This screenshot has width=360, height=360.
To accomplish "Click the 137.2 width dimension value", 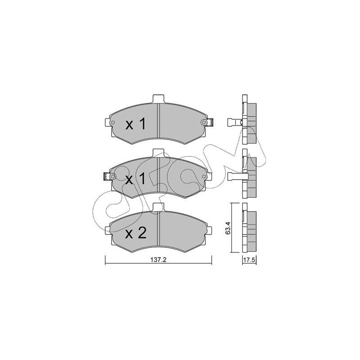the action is coord(158,260).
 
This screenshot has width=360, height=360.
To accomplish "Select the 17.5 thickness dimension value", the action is coord(249,261).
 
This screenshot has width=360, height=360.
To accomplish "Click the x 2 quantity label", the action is coord(135,234).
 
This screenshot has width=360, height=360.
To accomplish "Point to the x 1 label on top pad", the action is coord(135,125).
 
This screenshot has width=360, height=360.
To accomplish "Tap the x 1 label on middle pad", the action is coord(135,179).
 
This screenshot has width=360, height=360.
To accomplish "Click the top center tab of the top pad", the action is coord(158,99).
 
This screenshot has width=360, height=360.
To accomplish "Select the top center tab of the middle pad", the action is coord(158,153).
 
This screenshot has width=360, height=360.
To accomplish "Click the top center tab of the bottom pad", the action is coord(158,207).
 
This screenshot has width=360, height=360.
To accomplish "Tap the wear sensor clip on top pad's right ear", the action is coord(210,122).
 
